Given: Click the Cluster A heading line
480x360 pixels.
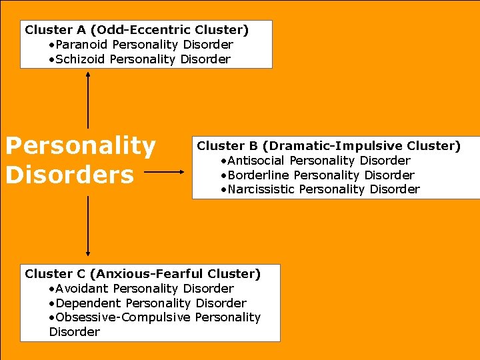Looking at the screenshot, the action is tap(137, 30).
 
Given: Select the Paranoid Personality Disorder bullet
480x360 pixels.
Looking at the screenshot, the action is tap(141, 45).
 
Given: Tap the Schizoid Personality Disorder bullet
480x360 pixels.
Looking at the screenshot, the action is tap(139, 59).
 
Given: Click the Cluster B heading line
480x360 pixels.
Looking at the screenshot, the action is tap(329, 146).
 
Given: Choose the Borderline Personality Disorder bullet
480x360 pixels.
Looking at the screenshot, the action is tap(317, 175).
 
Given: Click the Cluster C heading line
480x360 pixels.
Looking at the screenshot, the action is tap(143, 274).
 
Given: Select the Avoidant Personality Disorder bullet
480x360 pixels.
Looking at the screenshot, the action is tap(141, 289).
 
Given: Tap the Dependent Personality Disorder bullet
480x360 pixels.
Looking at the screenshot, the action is tap(147, 303).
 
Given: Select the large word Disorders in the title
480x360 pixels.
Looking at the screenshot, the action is tap(69, 175).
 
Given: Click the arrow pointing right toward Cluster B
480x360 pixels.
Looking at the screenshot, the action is tap(164, 172).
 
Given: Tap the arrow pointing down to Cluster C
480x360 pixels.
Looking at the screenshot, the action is tap(88, 227).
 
